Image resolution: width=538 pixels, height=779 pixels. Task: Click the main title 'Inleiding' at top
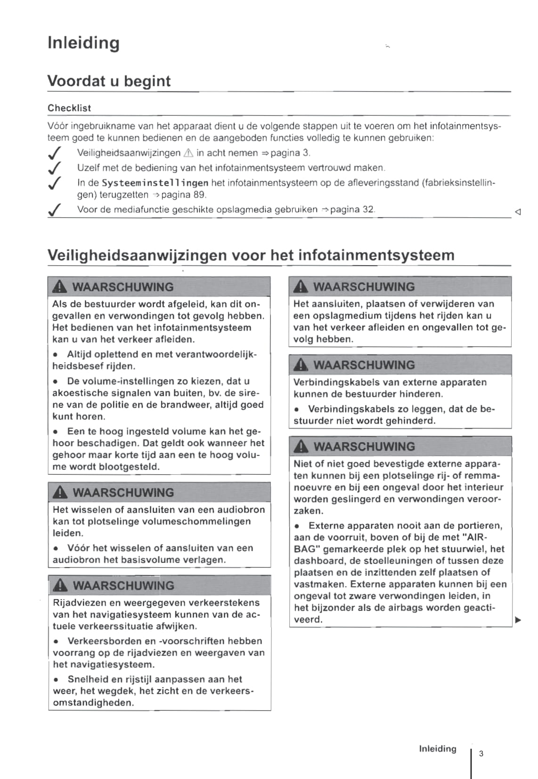[83, 43]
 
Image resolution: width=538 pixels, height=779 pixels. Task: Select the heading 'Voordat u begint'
[109, 81]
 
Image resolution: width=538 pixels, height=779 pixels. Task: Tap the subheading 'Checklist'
[69, 108]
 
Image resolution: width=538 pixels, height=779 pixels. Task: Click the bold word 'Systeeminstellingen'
[155, 183]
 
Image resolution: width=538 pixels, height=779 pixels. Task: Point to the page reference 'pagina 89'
[183, 195]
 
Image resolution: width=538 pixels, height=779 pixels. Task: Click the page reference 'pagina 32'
[352, 210]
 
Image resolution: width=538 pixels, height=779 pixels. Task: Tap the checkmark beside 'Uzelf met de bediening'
[55, 168]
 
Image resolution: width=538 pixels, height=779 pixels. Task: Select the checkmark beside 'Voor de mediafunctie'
[55, 210]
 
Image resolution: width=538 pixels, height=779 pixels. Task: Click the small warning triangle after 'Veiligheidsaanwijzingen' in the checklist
[188, 153]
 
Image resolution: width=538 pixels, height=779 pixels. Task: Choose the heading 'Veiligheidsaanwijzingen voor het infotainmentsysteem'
[251, 255]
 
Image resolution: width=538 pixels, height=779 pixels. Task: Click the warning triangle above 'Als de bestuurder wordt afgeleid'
[60, 287]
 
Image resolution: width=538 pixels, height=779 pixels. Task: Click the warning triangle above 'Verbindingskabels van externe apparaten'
[300, 365]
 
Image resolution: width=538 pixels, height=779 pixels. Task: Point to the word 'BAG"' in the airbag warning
[307, 549]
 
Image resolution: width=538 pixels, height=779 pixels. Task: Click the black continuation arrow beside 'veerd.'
[518, 620]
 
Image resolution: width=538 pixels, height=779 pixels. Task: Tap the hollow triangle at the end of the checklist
[518, 212]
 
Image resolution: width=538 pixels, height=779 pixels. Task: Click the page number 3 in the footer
[481, 754]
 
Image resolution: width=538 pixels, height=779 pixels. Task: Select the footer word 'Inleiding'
[438, 749]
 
